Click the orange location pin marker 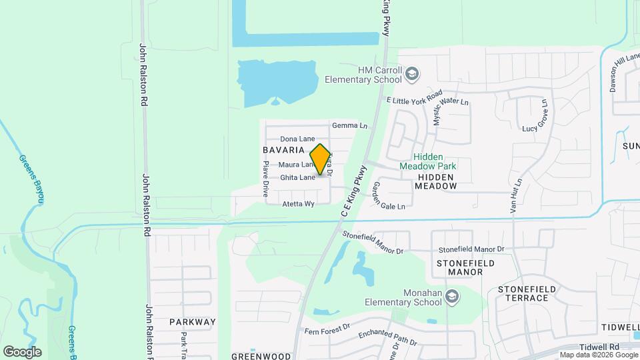click(x=321, y=159)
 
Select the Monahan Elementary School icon click(x=452, y=296)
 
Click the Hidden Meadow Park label click(x=428, y=160)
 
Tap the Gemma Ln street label click(x=349, y=125)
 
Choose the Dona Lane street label click(x=297, y=139)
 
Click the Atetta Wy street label click(x=298, y=204)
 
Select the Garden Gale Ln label click(x=389, y=197)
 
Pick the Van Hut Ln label click(x=517, y=195)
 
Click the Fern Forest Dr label click(x=327, y=328)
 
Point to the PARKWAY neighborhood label click(x=193, y=322)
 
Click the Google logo click(x=22, y=351)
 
